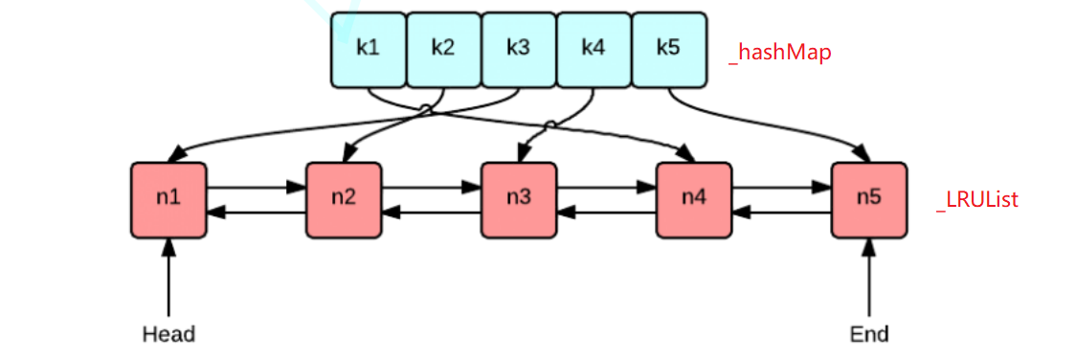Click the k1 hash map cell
click(369, 48)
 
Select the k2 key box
click(443, 48)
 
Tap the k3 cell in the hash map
click(518, 48)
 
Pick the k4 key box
click(594, 48)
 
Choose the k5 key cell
click(668, 48)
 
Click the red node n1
click(168, 199)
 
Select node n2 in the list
click(344, 199)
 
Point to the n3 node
click(519, 199)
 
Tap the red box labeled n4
click(694, 199)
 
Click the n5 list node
click(868, 199)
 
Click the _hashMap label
click(779, 53)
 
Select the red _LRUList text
click(976, 200)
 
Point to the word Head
click(168, 334)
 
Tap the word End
click(869, 334)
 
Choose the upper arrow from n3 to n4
click(606, 189)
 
